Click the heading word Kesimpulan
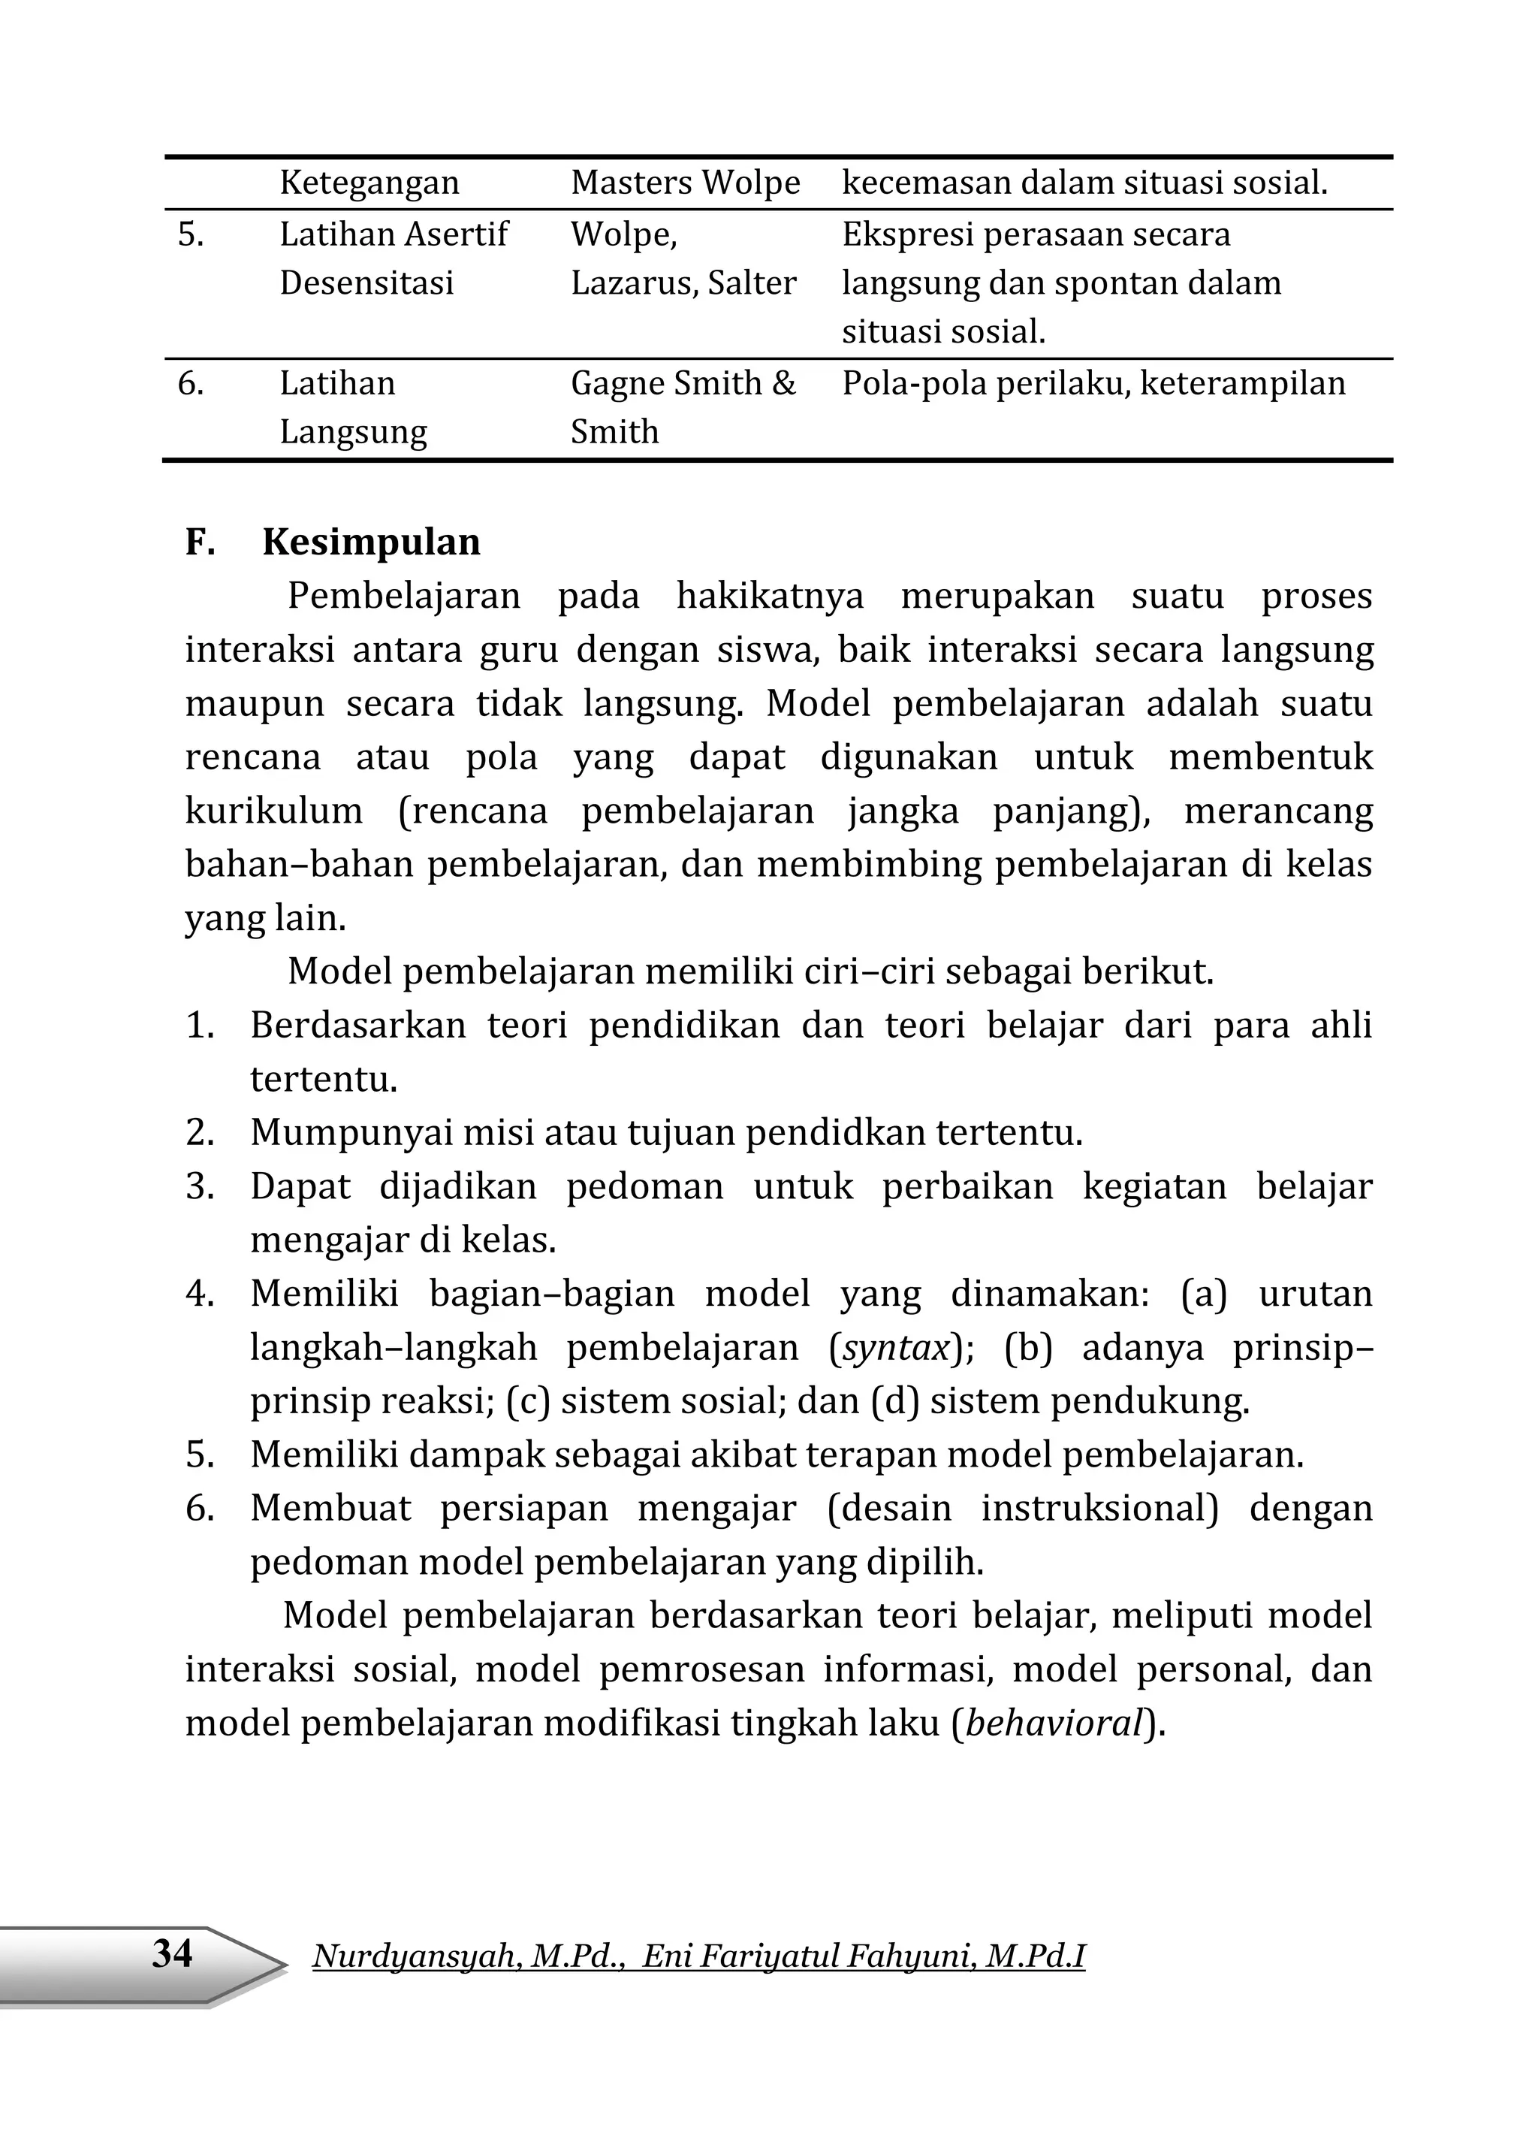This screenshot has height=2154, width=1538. pyautogui.click(x=371, y=542)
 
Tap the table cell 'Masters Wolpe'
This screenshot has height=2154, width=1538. pyautogui.click(x=685, y=183)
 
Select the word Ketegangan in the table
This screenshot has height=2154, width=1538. pyautogui.click(x=369, y=183)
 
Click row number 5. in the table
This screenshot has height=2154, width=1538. pyautogui.click(x=191, y=234)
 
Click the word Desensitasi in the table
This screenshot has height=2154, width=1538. pyautogui.click(x=366, y=283)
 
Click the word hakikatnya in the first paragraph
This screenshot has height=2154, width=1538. pyautogui.click(x=769, y=596)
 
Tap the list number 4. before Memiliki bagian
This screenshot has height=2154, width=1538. pyautogui.click(x=200, y=1294)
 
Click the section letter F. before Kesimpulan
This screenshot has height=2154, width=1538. pyautogui.click(x=200, y=542)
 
